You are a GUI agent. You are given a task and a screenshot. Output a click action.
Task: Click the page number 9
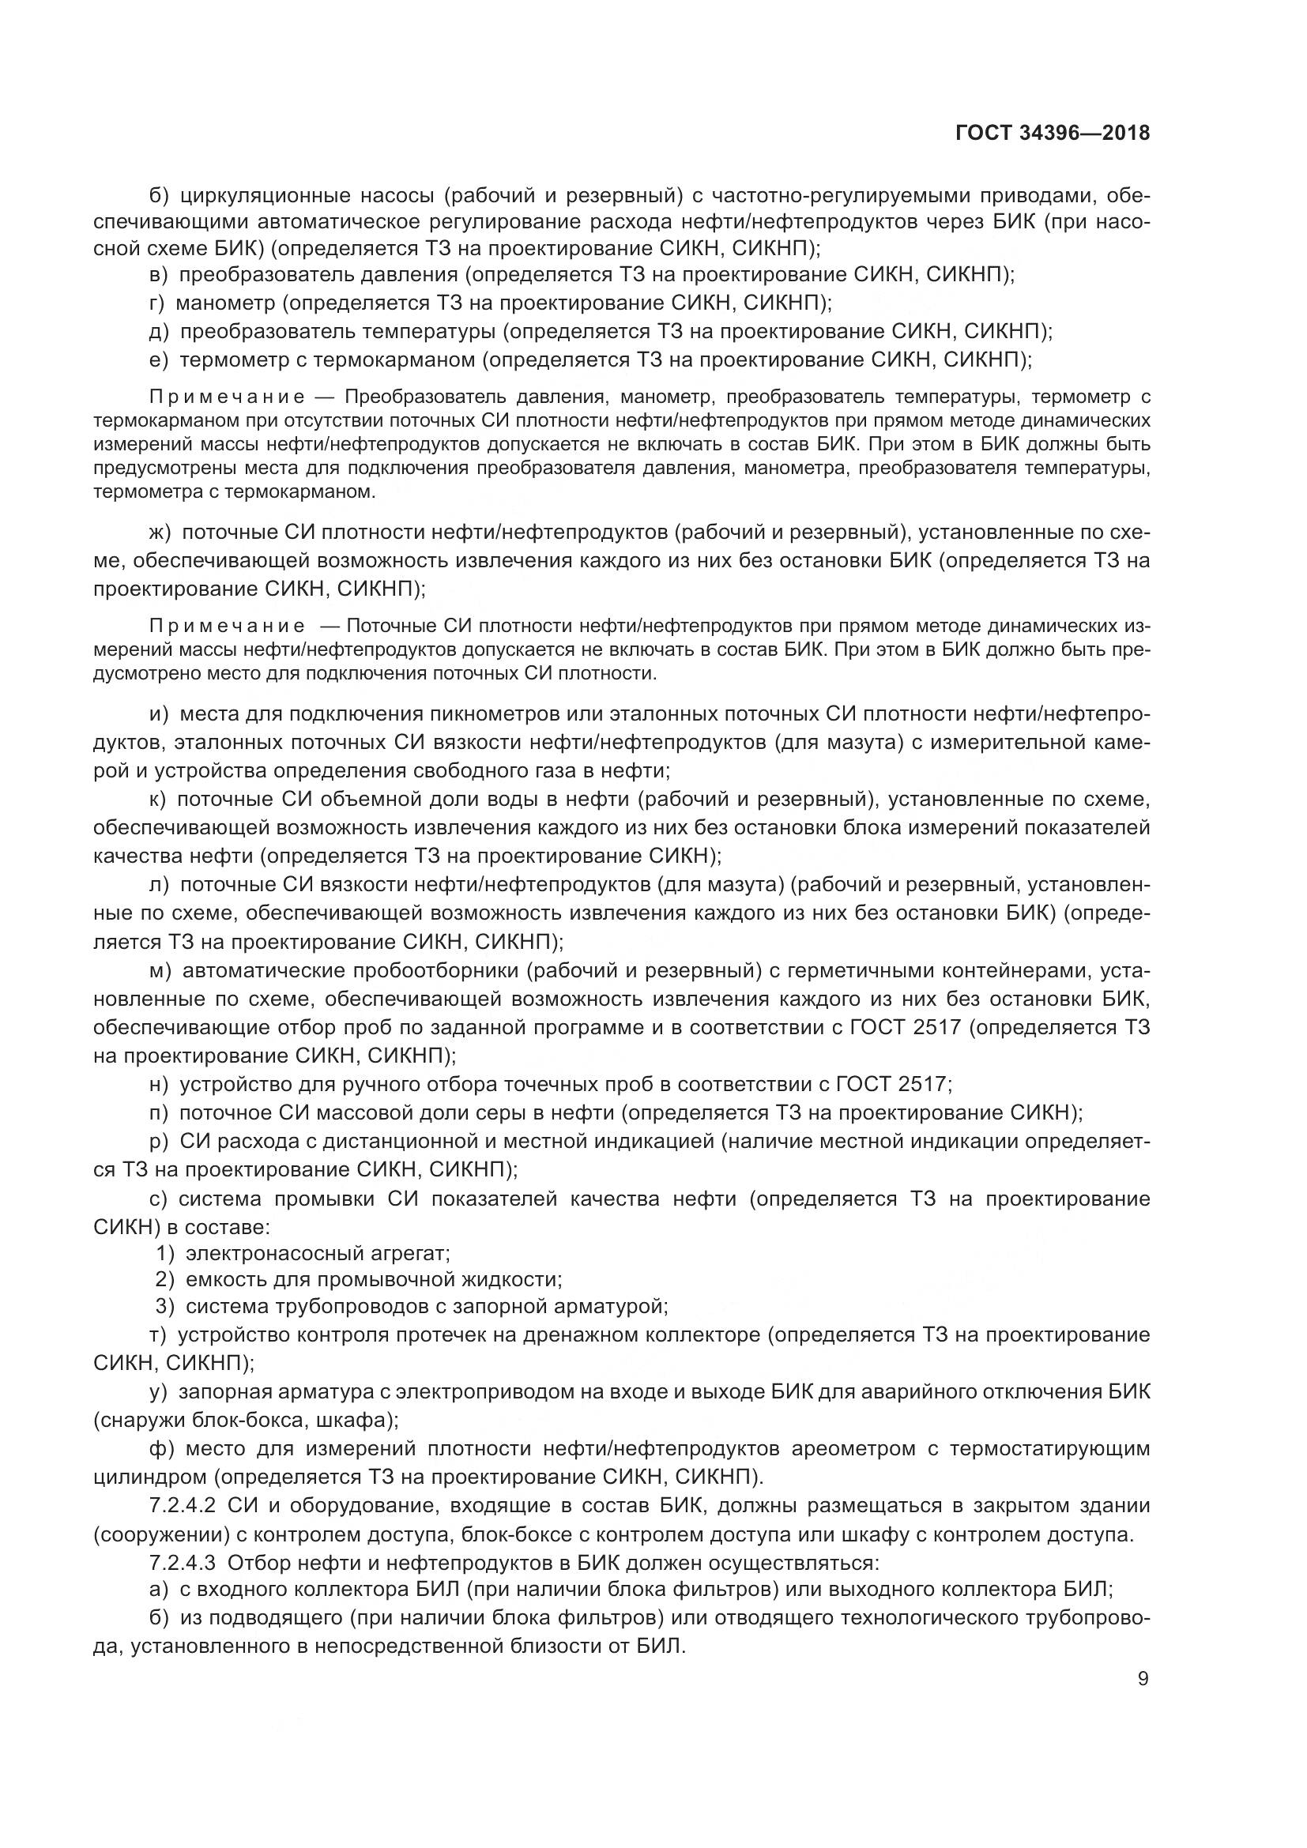pyautogui.click(x=1143, y=1679)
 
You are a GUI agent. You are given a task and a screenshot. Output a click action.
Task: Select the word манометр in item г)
pyautogui.click(x=225, y=303)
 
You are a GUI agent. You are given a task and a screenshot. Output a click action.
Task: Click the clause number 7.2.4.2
pyautogui.click(x=183, y=1506)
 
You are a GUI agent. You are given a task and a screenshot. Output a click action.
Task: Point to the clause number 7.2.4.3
pyautogui.click(x=183, y=1563)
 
